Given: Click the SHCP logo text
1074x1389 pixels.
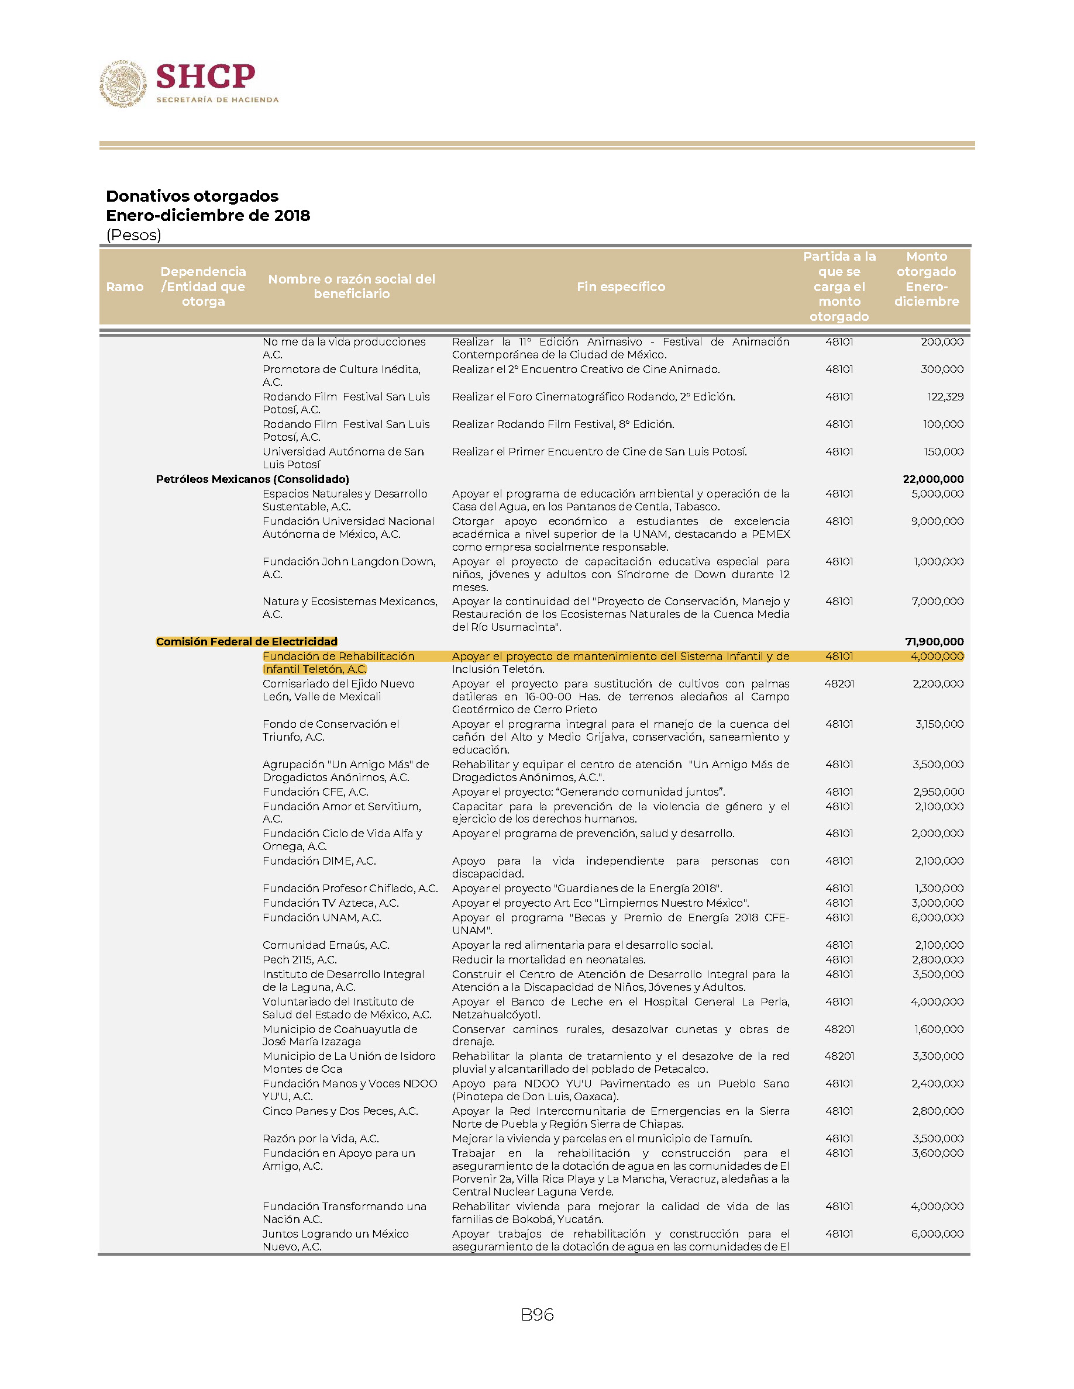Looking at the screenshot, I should point(205,77).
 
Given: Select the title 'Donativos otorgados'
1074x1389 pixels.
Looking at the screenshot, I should point(192,196).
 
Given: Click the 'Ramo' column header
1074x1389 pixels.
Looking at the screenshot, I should point(125,287).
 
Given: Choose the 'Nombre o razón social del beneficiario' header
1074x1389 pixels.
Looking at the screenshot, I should point(351,286).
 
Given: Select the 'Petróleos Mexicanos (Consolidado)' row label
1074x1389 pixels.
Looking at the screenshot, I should point(252,479).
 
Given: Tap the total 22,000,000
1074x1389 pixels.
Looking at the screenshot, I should point(933,479).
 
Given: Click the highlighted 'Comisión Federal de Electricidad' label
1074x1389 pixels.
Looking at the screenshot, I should point(246,642).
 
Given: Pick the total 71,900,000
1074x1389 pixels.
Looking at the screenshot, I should point(934,642).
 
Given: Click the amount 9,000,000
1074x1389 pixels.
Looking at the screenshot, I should point(937,521).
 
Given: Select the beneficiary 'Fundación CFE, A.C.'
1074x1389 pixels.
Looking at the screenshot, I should point(315,792).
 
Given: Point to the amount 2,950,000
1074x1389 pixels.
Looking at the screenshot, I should point(938,792).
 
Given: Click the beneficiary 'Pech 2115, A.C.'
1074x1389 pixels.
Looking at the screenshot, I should point(300,960).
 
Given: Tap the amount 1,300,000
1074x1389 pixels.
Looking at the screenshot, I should point(938,889).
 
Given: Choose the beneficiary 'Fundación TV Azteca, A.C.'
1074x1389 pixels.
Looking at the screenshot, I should point(331,903).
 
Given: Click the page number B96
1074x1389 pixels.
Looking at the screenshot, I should point(537,1315).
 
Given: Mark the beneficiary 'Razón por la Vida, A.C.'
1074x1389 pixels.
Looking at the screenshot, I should point(321,1138).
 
